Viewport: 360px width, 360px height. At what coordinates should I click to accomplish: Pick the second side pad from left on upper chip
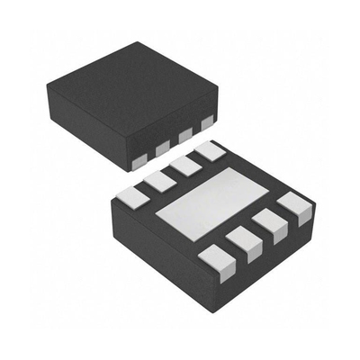(x=163, y=148)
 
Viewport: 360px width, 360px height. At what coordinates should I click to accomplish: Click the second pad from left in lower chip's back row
(x=160, y=181)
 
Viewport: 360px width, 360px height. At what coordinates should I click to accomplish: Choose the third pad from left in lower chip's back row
(x=186, y=166)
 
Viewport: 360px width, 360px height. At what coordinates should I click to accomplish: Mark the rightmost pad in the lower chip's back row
(x=210, y=151)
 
